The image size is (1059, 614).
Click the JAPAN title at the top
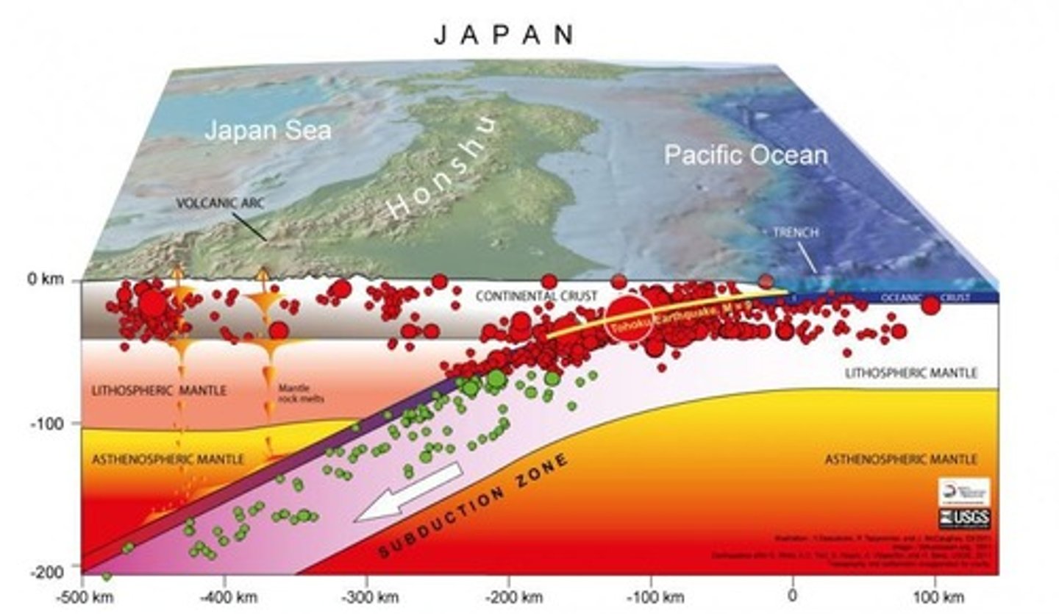point(504,35)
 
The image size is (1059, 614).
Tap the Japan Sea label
point(268,131)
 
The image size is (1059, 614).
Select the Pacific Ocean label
point(746,155)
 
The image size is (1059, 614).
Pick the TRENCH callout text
point(795,232)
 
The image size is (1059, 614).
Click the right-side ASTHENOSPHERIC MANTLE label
point(901,459)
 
